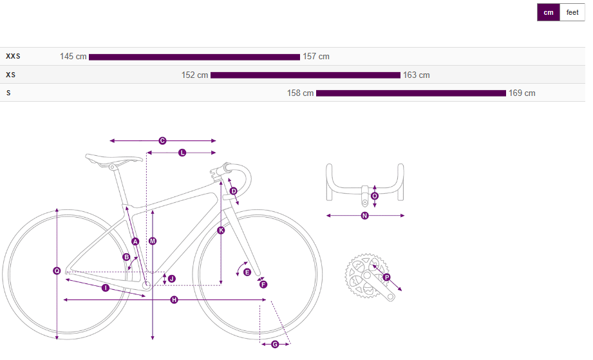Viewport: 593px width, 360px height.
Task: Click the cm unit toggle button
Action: pyautogui.click(x=549, y=12)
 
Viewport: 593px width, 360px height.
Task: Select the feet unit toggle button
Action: pyautogui.click(x=572, y=12)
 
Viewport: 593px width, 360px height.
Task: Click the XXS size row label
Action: pyautogui.click(x=14, y=56)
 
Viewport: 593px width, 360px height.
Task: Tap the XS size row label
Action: pyautogui.click(x=10, y=75)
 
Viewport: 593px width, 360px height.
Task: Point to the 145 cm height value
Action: pyautogui.click(x=73, y=57)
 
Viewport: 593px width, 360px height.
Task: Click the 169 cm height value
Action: pyautogui.click(x=522, y=93)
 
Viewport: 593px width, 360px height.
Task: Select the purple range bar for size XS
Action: pyautogui.click(x=306, y=75)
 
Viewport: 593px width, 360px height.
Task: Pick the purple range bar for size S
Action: pyautogui.click(x=411, y=93)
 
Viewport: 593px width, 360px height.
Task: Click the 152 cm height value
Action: pyautogui.click(x=194, y=75)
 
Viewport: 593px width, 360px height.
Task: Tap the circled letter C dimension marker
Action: pyautogui.click(x=162, y=140)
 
